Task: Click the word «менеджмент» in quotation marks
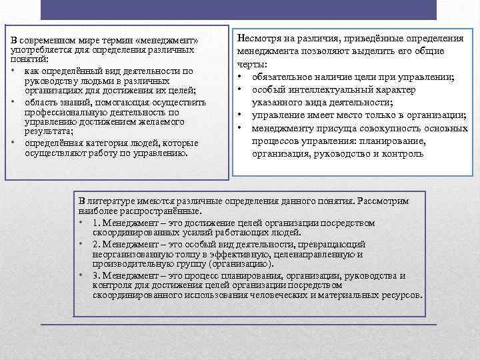169,41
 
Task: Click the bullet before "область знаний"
13,102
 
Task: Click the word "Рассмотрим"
384,200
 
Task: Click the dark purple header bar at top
238,10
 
